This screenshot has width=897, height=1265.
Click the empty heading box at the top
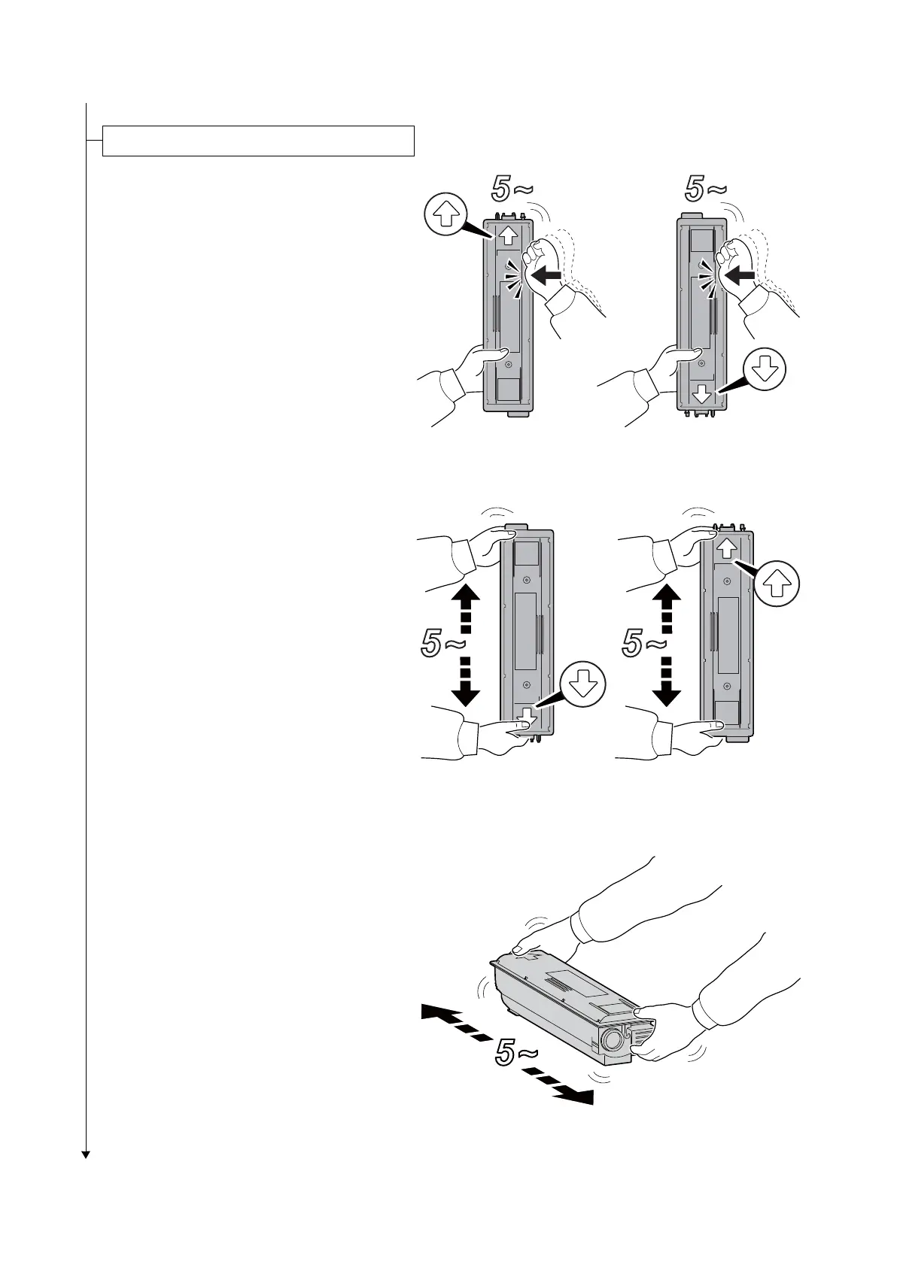tap(258, 141)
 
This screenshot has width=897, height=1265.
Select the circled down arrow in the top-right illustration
tap(765, 371)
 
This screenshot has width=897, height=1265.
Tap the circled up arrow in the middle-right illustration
tap(778, 584)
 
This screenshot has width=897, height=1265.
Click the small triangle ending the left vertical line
tap(86, 1154)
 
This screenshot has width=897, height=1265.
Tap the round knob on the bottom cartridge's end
tap(612, 1042)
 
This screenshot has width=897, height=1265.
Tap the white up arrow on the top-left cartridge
tap(507, 235)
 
